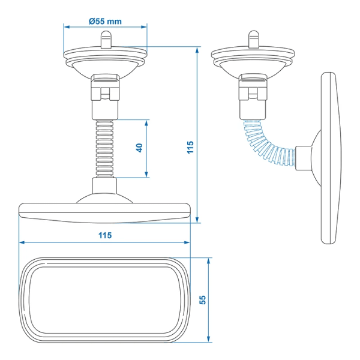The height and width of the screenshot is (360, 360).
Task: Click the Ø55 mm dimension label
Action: click(105, 20)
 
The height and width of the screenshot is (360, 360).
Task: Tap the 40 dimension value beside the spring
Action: click(139, 148)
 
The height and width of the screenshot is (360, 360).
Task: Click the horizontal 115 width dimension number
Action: click(104, 235)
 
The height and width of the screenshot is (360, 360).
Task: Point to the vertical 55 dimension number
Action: click(202, 300)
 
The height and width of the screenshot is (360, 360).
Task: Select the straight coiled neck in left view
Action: click(105, 148)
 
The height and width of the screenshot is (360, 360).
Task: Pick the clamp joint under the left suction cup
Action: click(105, 94)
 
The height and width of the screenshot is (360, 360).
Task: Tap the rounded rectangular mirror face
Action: click(104, 300)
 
